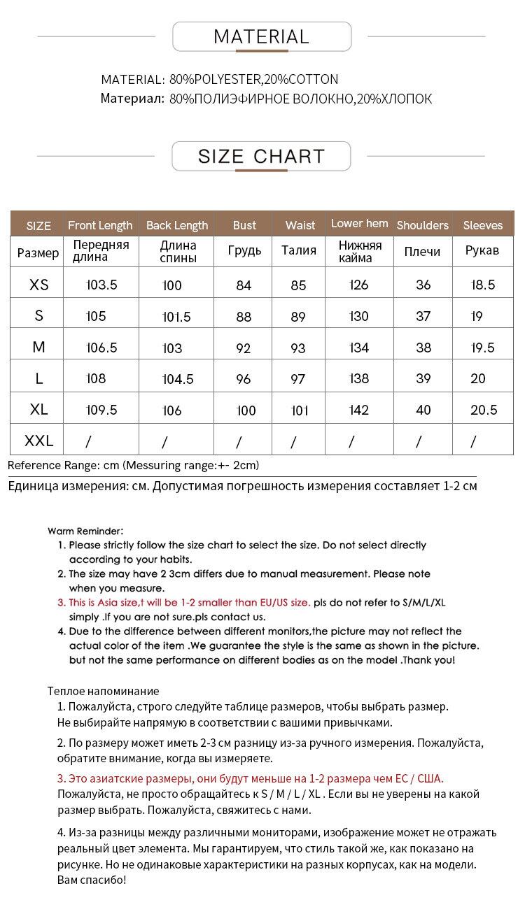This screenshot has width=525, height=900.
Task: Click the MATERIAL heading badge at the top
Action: tap(261, 36)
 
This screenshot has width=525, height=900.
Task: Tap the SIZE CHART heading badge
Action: tap(261, 156)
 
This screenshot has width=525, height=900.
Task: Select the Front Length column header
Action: tap(100, 225)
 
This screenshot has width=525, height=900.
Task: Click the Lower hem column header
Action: tap(359, 224)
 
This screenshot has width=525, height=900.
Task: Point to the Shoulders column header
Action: tap(422, 225)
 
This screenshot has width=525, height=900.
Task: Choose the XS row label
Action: tap(39, 285)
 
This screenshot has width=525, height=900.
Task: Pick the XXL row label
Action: tap(39, 441)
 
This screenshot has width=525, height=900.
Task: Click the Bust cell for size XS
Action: tap(244, 285)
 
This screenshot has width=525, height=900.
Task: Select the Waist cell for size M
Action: tap(298, 348)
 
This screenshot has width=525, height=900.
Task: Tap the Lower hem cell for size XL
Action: tap(358, 410)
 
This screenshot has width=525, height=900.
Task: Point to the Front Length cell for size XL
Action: tap(101, 410)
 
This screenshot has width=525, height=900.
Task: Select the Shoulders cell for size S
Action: tap(423, 316)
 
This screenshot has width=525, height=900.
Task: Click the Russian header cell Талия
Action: tap(299, 250)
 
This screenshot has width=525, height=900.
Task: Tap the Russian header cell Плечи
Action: tap(422, 251)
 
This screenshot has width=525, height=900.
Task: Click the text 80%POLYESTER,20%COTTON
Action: tap(253, 79)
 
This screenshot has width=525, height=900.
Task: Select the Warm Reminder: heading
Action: tap(85, 531)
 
